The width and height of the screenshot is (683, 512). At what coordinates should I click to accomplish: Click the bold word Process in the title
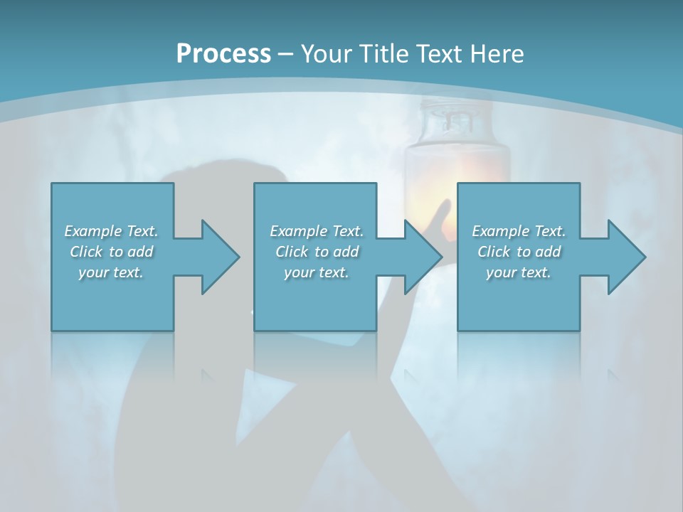click(223, 54)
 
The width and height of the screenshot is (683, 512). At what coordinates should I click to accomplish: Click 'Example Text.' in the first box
click(111, 231)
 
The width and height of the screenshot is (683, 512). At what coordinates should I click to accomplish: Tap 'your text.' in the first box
click(111, 272)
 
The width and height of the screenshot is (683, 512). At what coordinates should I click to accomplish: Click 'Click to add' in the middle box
click(317, 252)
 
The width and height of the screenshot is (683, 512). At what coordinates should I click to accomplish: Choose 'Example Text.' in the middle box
click(317, 231)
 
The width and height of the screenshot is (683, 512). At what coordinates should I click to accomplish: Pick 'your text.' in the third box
click(519, 272)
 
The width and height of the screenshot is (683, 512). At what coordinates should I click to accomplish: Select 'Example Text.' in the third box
click(519, 231)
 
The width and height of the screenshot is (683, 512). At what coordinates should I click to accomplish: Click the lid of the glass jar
click(457, 114)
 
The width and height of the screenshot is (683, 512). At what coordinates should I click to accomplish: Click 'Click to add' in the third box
click(519, 252)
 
